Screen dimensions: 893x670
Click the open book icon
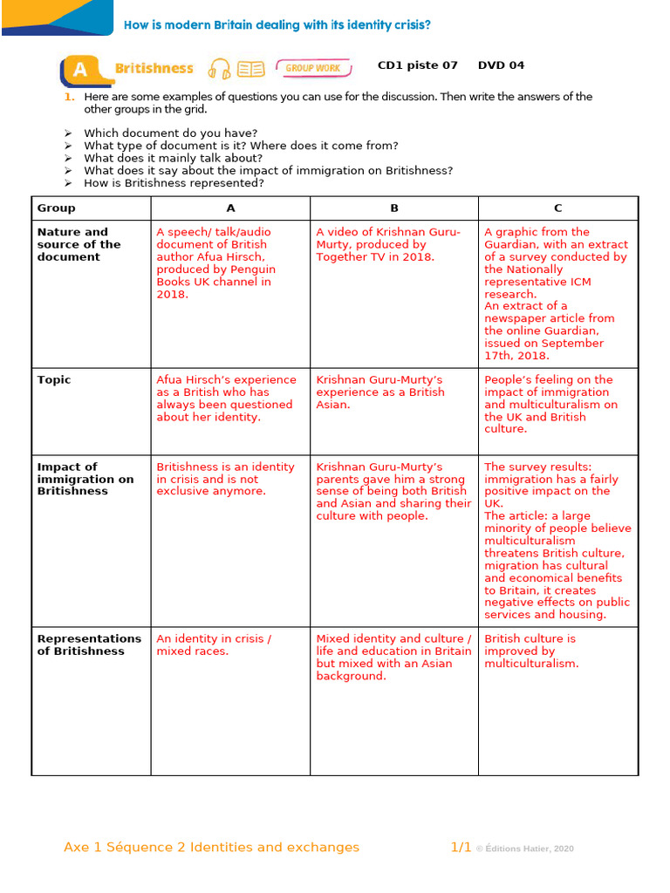(251, 68)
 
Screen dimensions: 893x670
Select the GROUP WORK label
(313, 68)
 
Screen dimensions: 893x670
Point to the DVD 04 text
(501, 65)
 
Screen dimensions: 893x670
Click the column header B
(394, 208)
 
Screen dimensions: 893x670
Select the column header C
(558, 208)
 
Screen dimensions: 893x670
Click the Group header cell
(57, 208)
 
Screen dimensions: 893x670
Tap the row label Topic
(54, 380)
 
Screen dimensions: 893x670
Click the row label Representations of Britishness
(88, 644)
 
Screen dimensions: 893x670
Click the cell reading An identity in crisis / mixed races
(214, 644)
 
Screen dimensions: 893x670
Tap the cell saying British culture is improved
(531, 651)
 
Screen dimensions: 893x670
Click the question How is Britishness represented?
(174, 183)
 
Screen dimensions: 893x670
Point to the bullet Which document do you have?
(170, 133)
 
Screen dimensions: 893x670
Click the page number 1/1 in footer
(461, 847)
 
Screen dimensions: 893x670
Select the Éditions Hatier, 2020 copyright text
(526, 849)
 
